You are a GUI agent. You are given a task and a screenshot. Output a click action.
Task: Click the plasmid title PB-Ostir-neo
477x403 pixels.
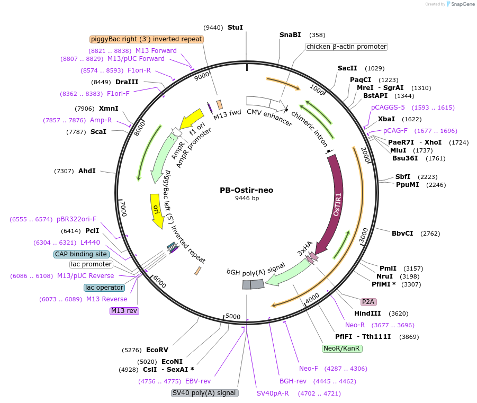coord(247,190)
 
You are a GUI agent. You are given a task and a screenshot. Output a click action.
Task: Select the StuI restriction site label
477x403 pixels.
coord(235,27)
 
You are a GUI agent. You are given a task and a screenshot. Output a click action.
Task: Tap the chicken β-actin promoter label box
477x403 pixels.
coord(346,47)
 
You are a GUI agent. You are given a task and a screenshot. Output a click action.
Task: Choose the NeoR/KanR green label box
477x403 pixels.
coord(342,348)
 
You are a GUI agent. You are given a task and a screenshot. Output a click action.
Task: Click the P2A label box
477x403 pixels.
coord(368,302)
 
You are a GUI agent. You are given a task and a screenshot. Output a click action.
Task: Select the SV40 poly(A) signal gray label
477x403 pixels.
coord(205,393)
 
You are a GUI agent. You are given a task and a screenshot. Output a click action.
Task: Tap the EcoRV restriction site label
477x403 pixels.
coord(157,350)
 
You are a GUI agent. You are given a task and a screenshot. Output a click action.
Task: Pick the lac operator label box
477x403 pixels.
coord(104,288)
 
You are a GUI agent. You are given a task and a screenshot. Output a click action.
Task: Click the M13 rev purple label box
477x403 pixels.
coord(124,311)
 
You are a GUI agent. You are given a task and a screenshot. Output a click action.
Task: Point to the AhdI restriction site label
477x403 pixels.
coord(87,171)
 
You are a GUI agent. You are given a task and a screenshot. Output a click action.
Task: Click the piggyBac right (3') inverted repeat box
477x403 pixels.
coord(147,39)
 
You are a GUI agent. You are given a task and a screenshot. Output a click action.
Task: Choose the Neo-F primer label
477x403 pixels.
coord(309,368)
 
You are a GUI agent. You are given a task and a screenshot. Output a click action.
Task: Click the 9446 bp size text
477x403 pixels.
coord(247,199)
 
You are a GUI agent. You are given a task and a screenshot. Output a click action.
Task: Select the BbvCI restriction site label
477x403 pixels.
coord(402,233)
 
